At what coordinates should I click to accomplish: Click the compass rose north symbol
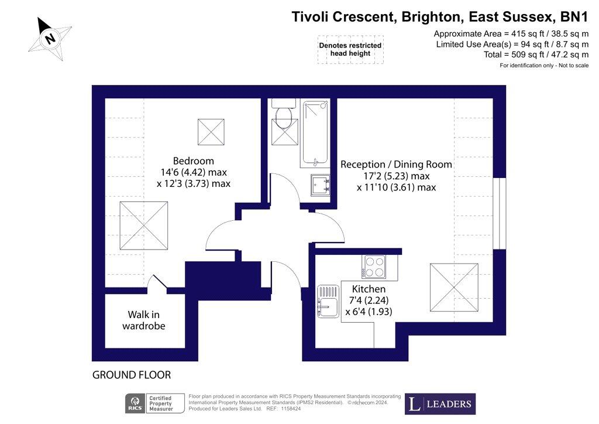50,39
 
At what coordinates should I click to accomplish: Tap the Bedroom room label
193,161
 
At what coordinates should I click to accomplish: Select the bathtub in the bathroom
315,133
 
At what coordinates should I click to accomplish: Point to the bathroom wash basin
320,185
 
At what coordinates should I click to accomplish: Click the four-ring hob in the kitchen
374,266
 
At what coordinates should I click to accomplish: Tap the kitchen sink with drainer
328,301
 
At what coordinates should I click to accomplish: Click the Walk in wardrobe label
144,320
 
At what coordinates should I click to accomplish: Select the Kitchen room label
369,289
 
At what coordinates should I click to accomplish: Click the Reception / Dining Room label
396,165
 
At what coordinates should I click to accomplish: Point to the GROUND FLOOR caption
132,375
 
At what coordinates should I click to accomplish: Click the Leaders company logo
440,404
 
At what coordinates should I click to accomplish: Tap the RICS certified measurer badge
154,404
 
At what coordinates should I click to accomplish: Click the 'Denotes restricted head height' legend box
350,49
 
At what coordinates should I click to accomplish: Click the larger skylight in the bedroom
144,226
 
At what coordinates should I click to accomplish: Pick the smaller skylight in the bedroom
211,132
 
